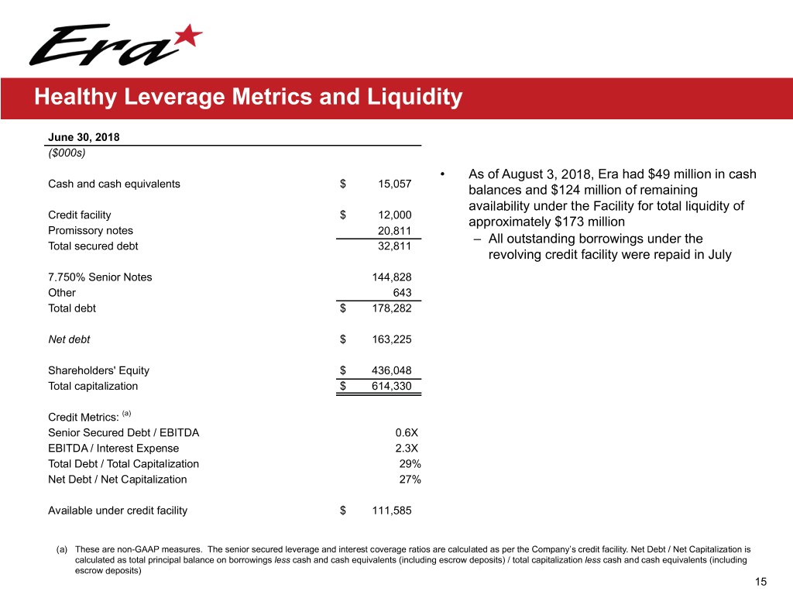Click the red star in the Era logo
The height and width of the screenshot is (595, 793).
(189, 35)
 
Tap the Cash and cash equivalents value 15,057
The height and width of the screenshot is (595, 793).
(395, 184)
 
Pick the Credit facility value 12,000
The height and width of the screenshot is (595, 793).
(395, 215)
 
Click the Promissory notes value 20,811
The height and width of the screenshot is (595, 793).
(395, 230)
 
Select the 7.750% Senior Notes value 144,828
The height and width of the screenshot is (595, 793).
(392, 277)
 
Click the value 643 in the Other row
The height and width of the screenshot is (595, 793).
(402, 292)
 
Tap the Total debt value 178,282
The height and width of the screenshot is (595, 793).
(392, 308)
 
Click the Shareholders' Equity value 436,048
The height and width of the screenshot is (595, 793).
(392, 370)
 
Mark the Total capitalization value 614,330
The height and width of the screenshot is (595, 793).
(392, 386)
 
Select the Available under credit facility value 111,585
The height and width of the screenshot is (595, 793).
(392, 510)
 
